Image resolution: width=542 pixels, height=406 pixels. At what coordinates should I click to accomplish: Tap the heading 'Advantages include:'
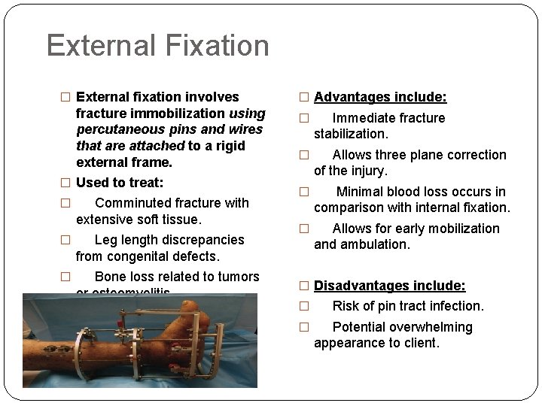pyautogui.click(x=380, y=97)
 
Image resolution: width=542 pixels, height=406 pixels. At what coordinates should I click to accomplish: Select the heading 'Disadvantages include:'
pyautogui.click(x=390, y=285)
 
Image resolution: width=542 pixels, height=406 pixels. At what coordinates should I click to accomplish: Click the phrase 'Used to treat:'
pyautogui.click(x=125, y=183)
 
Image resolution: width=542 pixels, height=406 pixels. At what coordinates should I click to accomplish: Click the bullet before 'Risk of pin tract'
pyautogui.click(x=304, y=307)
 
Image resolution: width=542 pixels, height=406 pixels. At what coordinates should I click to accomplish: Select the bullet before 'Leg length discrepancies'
pyautogui.click(x=65, y=241)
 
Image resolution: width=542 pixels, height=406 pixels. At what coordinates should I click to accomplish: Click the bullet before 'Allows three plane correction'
pyautogui.click(x=304, y=156)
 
